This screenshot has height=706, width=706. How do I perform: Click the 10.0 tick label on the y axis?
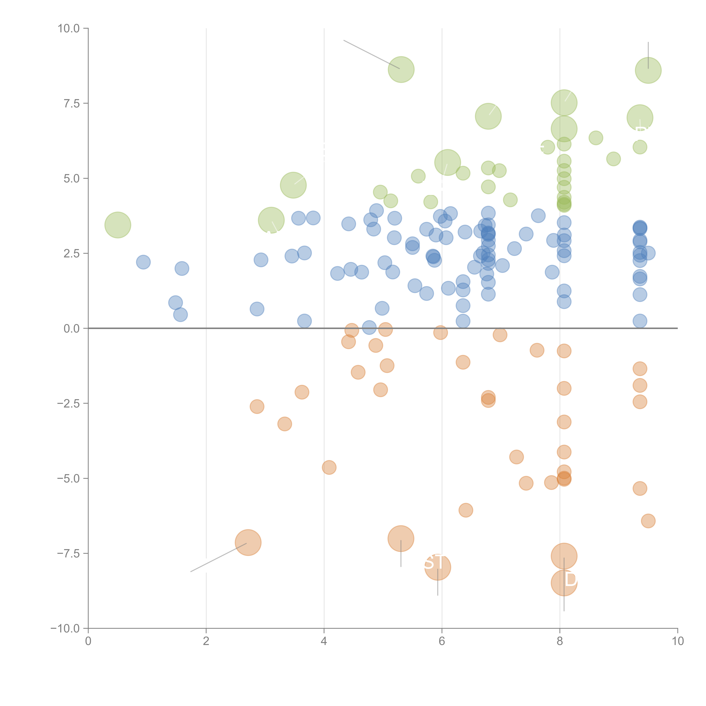tap(69, 29)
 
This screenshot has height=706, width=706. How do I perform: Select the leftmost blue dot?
tap(143, 262)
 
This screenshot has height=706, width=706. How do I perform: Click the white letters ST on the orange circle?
tap(434, 562)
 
